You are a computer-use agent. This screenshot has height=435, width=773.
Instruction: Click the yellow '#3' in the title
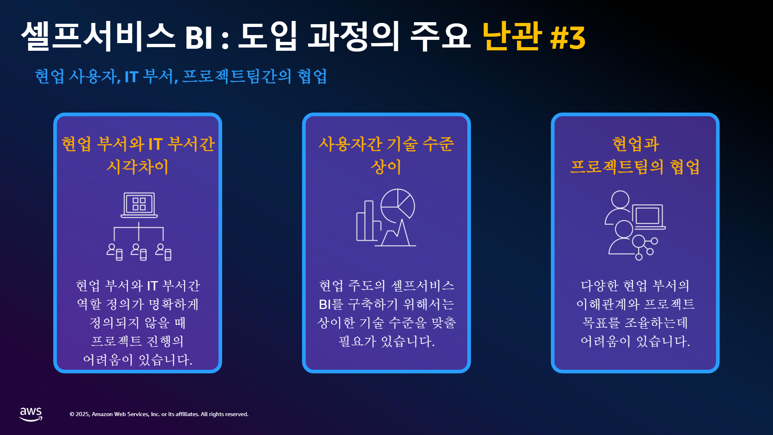568,38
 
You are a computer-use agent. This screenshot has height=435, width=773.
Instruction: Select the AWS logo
31,414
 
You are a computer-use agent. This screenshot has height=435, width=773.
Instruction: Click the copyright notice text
159,414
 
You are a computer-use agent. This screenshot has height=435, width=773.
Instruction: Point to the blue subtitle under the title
181,76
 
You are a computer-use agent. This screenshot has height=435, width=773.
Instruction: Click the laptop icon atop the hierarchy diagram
139,205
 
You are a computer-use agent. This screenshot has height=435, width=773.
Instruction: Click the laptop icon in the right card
649,217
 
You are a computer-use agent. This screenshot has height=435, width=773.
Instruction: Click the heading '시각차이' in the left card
138,167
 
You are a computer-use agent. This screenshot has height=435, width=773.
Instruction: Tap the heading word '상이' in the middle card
386,167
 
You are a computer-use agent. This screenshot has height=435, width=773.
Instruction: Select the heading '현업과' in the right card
635,144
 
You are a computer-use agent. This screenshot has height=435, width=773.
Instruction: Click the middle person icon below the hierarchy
139,252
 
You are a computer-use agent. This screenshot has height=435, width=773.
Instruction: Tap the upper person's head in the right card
620,199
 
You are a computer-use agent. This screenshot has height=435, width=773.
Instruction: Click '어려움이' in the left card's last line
108,360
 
